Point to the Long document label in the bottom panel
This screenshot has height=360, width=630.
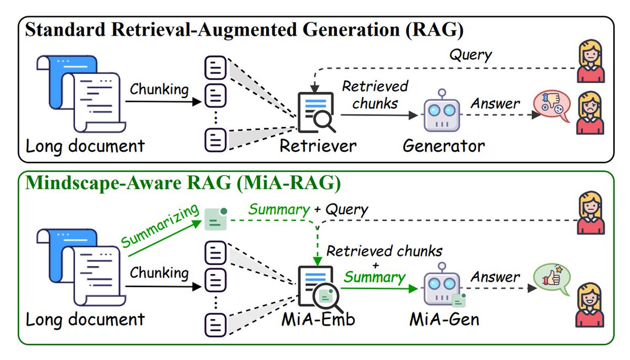coord(86,319)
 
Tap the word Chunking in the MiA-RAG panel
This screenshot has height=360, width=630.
coord(159,273)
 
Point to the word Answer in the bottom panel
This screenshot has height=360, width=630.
coord(495,277)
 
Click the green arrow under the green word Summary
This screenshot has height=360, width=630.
coord(375,288)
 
